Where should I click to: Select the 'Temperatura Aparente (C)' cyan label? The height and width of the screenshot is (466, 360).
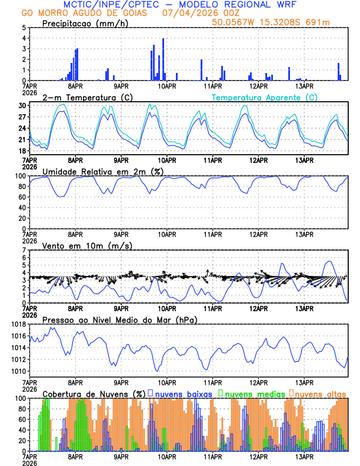pyautogui.click(x=265, y=97)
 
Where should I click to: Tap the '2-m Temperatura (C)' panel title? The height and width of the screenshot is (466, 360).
pyautogui.click(x=86, y=96)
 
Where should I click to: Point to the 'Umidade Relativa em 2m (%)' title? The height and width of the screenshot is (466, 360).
pyautogui.click(x=102, y=171)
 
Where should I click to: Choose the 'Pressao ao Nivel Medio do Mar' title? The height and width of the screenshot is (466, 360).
pyautogui.click(x=119, y=319)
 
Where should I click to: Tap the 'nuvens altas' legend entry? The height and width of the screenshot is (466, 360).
pyautogui.click(x=319, y=393)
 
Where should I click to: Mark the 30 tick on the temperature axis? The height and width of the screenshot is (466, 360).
pyautogui.click(x=22, y=106)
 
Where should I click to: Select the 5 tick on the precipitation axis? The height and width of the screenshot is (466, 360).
pyautogui.click(x=24, y=28)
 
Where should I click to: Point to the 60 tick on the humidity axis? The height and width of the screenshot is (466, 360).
pyautogui.click(x=22, y=197)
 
